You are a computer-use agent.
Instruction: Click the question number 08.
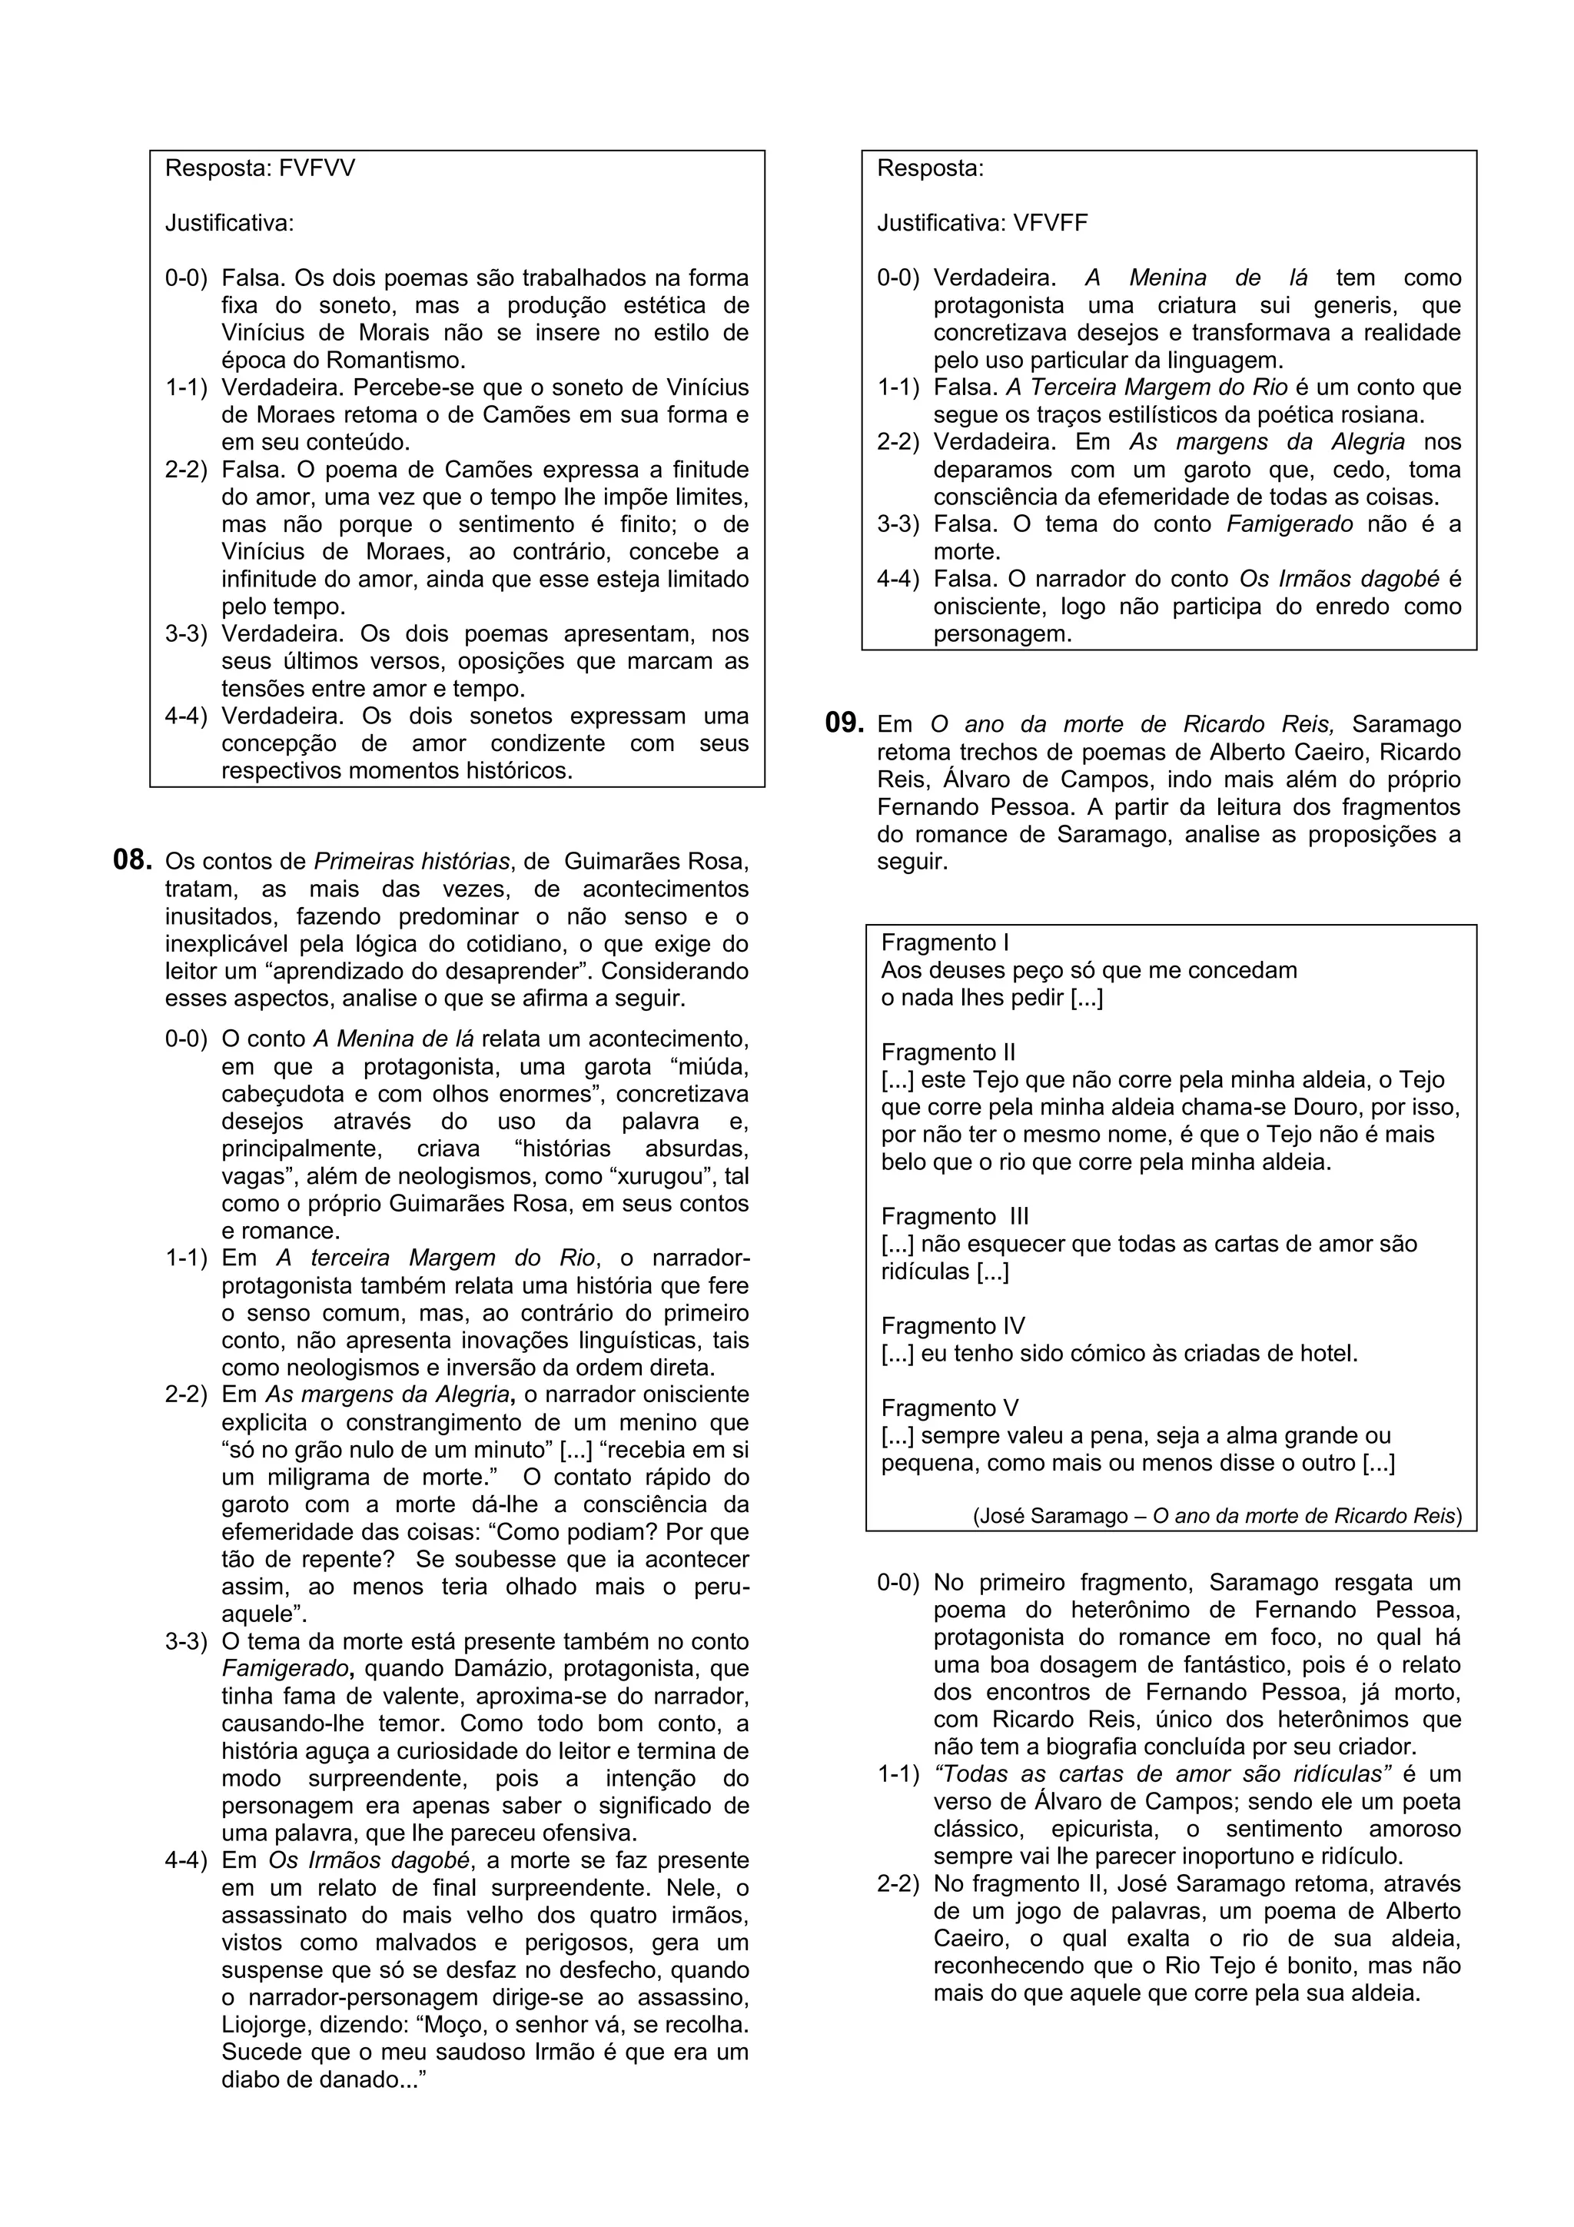134,860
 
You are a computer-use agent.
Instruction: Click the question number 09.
844,723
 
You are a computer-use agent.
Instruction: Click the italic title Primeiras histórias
412,861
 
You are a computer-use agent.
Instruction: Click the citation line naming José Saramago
1217,1516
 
